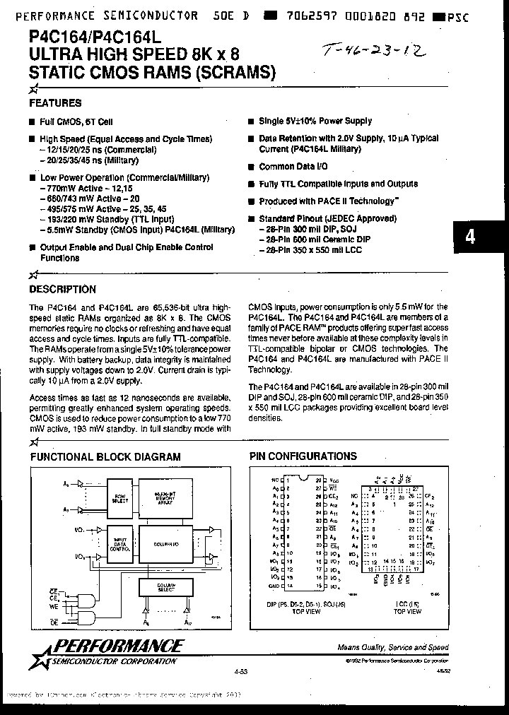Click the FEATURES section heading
[x=55, y=103]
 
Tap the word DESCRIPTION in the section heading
[x=62, y=289]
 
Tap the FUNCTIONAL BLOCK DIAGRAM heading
[x=105, y=457]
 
